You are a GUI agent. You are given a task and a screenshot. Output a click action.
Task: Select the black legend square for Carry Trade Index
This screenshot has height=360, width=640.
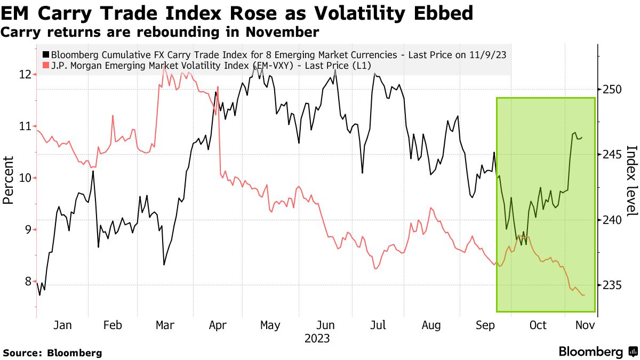pyautogui.click(x=46, y=55)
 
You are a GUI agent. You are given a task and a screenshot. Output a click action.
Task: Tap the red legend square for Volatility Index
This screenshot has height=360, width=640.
pyautogui.click(x=46, y=66)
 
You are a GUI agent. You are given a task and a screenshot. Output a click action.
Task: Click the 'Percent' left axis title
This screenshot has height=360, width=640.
pyautogui.click(x=9, y=180)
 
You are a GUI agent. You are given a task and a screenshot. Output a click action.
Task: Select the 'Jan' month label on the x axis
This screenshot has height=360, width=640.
pyautogui.click(x=62, y=325)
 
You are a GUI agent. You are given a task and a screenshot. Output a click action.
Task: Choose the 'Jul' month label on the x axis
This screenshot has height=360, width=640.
pyautogui.click(x=378, y=325)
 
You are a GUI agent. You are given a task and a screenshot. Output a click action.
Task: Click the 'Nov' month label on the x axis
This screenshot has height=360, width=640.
pyautogui.click(x=585, y=325)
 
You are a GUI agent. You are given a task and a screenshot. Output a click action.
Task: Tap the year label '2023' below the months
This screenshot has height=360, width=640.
pyautogui.click(x=317, y=338)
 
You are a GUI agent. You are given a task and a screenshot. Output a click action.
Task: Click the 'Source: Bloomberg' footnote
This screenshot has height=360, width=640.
pyautogui.click(x=52, y=353)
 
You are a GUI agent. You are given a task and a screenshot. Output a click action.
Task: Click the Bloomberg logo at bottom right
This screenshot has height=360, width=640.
pyautogui.click(x=597, y=352)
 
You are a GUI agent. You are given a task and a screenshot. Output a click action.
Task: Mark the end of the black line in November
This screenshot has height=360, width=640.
pyautogui.click(x=582, y=137)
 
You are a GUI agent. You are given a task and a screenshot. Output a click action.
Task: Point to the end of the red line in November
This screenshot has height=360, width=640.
pyautogui.click(x=585, y=295)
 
